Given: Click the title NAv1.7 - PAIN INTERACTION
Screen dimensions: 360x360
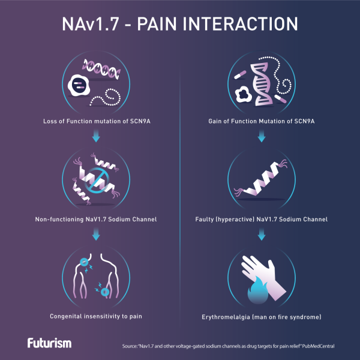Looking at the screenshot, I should point(180,24).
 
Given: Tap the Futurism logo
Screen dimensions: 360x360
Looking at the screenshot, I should point(49,343).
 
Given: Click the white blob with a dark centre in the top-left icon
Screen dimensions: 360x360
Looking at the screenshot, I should point(80,85).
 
